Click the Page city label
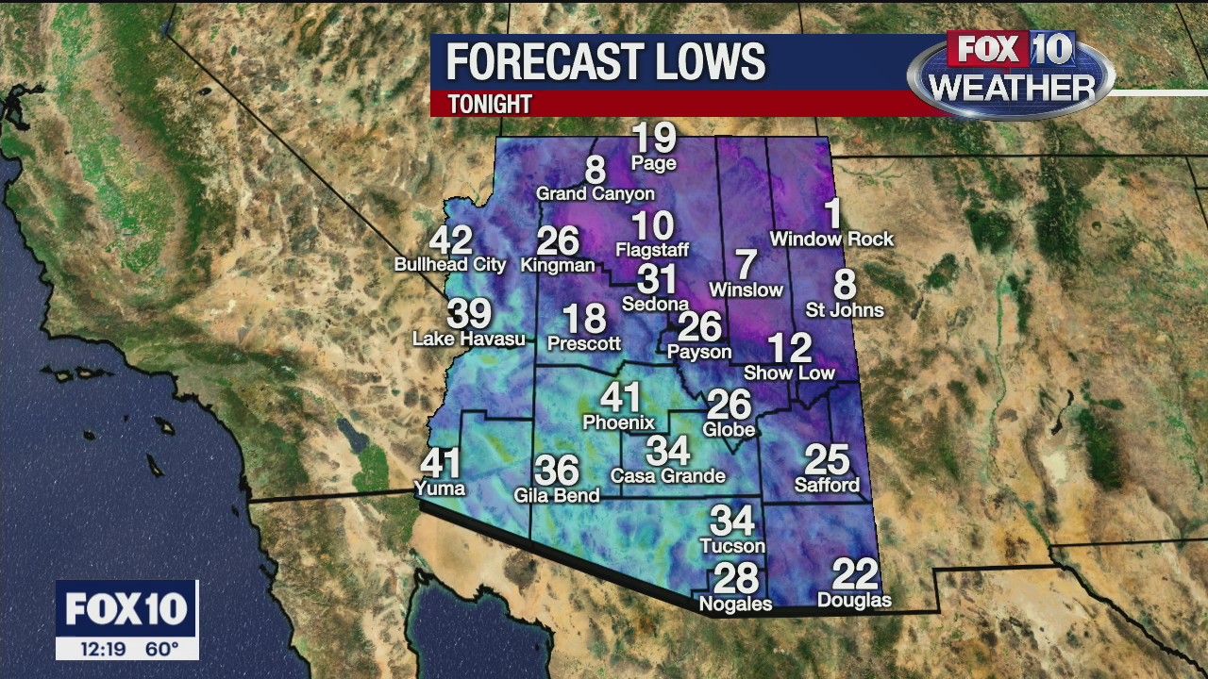[654, 163]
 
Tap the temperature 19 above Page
[654, 138]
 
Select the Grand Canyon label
[595, 193]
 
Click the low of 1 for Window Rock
[832, 213]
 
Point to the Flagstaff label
[652, 250]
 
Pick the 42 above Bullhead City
[450, 240]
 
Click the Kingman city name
[558, 265]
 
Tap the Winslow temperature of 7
[746, 264]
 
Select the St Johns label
[845, 310]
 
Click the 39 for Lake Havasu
[469, 313]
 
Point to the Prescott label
[584, 344]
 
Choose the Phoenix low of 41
[620, 397]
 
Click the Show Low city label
[789, 373]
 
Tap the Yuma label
[440, 488]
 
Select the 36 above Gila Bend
[557, 470]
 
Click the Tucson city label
[732, 546]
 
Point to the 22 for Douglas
[855, 574]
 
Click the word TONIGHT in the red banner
[490, 104]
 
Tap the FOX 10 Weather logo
[1011, 74]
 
